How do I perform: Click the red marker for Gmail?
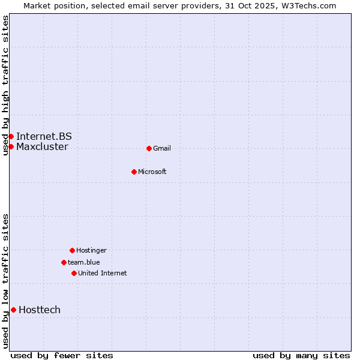[x=149, y=148]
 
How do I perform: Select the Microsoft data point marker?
[x=134, y=172]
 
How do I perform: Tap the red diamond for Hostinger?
[x=72, y=250]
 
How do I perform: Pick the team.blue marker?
[x=64, y=262]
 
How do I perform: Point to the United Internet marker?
[x=74, y=273]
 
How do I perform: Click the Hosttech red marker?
[x=13, y=310]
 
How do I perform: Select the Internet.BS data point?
[x=11, y=136]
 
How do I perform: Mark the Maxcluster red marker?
[x=11, y=146]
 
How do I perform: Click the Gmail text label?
[x=162, y=149]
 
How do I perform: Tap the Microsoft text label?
[x=152, y=172]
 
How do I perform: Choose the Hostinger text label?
[x=91, y=251]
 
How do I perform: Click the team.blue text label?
[x=84, y=262]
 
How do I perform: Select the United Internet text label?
[x=103, y=274]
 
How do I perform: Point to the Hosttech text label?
[x=40, y=310]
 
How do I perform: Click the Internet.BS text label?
[x=44, y=136]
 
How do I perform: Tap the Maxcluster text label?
[x=42, y=147]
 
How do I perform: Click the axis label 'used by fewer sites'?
[x=62, y=356]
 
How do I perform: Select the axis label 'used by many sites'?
[x=301, y=356]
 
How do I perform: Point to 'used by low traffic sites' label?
[x=6, y=281]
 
